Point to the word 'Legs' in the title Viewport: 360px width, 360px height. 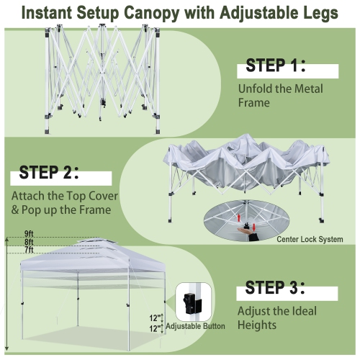pyautogui.click(x=318, y=13)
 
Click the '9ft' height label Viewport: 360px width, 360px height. pyautogui.click(x=29, y=234)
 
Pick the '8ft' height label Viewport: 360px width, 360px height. pyautogui.click(x=29, y=243)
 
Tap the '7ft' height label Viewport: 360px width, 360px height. pyautogui.click(x=29, y=250)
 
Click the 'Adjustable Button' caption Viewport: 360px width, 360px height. pyautogui.click(x=195, y=326)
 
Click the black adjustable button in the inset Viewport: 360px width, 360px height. pyautogui.click(x=193, y=302)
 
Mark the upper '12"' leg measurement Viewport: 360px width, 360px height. pyautogui.click(x=156, y=318)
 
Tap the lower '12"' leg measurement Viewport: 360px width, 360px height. pyautogui.click(x=156, y=328)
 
